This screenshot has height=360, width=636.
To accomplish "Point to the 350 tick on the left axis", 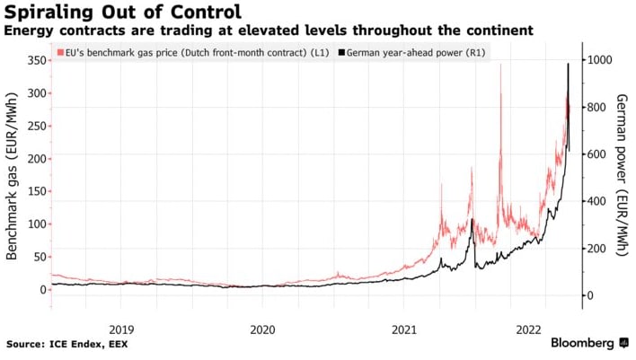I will pos(32,60).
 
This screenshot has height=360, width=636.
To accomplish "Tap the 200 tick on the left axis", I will pos(32,158).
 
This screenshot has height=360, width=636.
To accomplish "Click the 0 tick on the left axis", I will pos(40,289).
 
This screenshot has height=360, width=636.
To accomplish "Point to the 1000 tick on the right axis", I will pos(598,60).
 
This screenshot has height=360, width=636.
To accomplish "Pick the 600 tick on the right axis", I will pos(596,154).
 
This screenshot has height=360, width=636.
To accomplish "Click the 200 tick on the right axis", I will pos(596,249).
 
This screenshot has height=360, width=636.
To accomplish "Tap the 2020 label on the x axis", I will pos(262,330).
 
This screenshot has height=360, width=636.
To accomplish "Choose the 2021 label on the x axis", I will pos(404,330).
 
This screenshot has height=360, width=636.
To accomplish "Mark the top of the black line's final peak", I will pos(568,64).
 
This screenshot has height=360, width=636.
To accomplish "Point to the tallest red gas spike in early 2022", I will pos(500,65).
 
